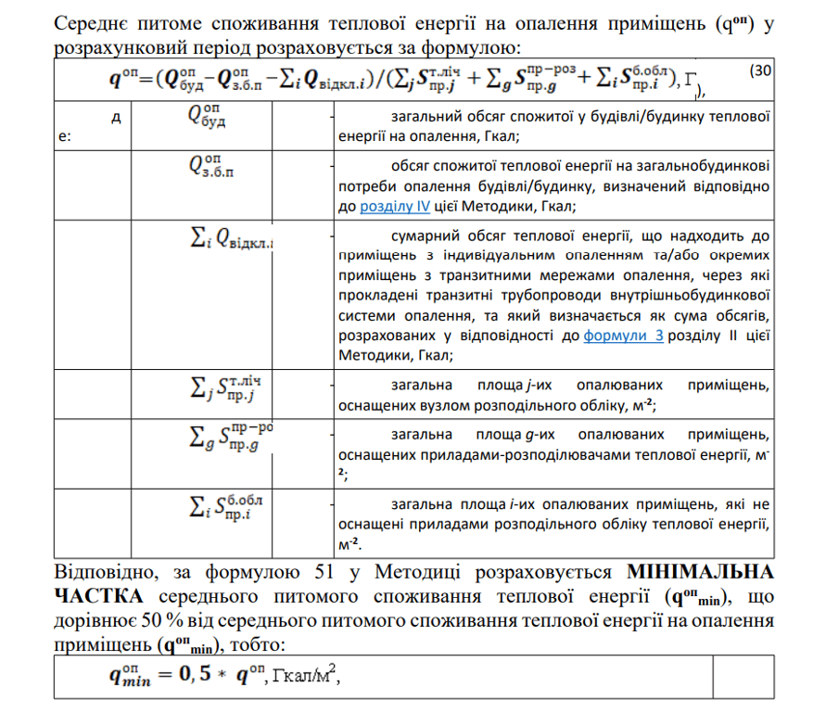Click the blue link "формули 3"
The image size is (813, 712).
point(623,337)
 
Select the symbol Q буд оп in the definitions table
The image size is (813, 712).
point(209,118)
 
